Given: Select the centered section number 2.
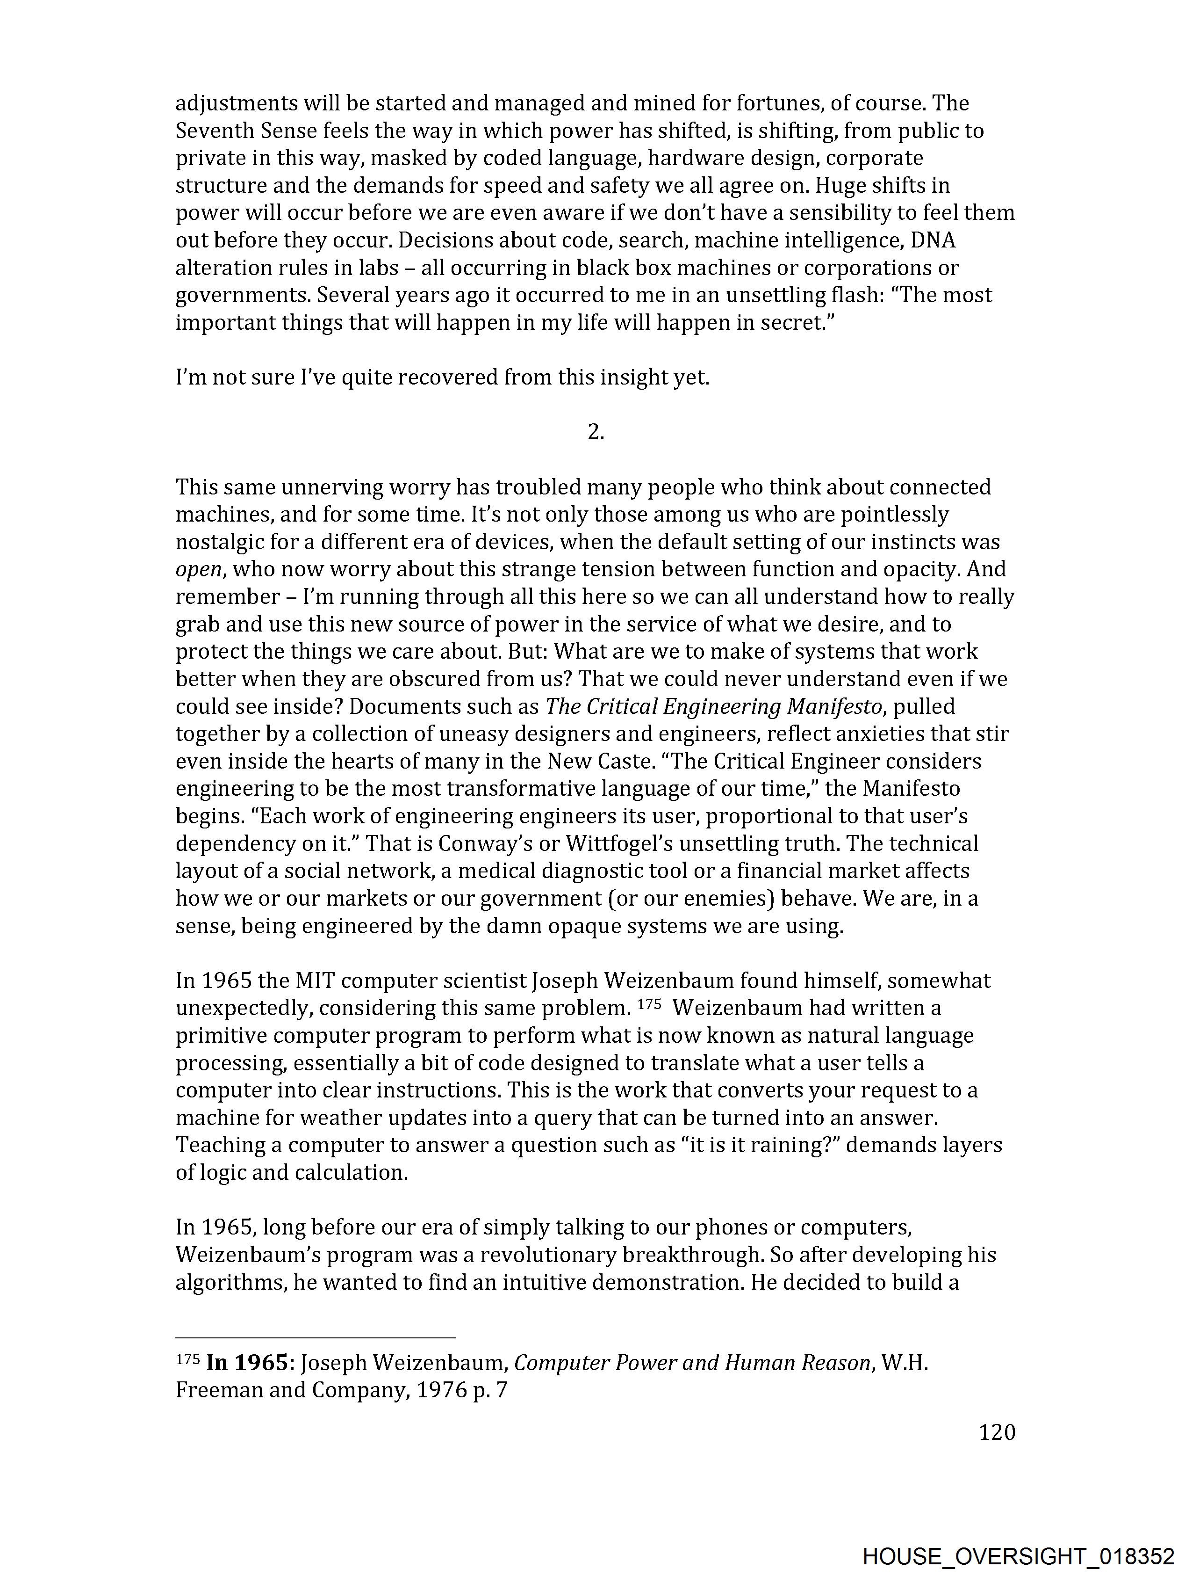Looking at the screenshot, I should [596, 432].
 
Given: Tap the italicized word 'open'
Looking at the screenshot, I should [198, 569].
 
